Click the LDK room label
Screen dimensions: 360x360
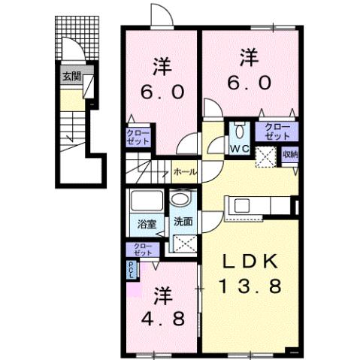click(251, 261)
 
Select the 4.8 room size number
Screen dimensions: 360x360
click(162, 316)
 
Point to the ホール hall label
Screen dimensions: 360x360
click(185, 171)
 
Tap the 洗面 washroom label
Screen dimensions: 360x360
click(183, 222)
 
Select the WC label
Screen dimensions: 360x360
click(240, 149)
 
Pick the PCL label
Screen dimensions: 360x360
click(131, 269)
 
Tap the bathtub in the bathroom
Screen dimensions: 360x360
click(145, 201)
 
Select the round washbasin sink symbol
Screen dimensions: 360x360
click(180, 200)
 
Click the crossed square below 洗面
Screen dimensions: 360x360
click(182, 244)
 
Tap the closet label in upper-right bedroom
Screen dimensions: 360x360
click(277, 132)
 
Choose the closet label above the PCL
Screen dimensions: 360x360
click(141, 249)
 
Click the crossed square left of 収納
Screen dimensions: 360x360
click(265, 156)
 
